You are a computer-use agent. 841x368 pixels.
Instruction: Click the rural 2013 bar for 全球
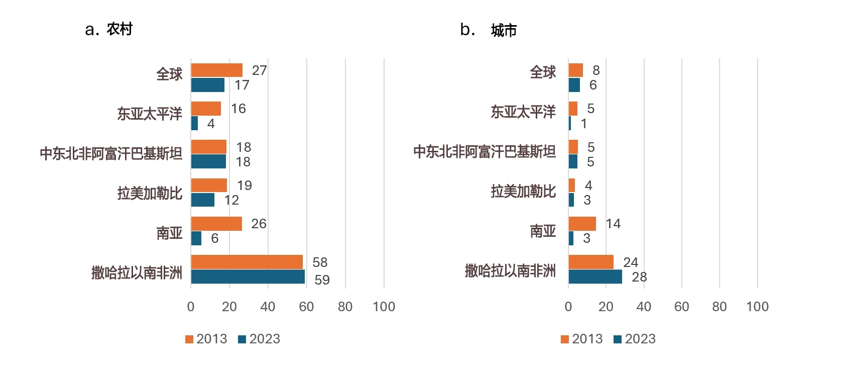[x=216, y=70]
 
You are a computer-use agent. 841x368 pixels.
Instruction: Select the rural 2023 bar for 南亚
[x=196, y=238]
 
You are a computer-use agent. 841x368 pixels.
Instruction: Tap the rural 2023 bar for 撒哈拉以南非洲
[x=248, y=277]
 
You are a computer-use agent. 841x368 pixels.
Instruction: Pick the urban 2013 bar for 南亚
[x=582, y=224]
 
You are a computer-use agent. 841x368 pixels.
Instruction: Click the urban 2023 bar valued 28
[x=595, y=277]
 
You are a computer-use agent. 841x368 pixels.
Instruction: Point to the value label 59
[x=322, y=280]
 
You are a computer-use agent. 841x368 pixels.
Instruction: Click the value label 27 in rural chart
[x=259, y=70]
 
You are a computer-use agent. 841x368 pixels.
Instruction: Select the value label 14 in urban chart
[x=613, y=224]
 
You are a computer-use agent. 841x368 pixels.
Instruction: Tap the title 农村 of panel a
[x=119, y=29]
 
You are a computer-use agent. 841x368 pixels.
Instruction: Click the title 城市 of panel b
[x=504, y=31]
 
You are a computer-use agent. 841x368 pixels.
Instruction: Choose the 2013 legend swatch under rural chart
[x=189, y=339]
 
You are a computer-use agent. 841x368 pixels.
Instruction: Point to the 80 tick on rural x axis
[x=345, y=307]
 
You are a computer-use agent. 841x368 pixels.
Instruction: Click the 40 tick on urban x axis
[x=644, y=307]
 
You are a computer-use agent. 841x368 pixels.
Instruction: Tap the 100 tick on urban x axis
[x=757, y=307]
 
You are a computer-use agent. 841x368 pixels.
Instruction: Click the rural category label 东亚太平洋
[x=150, y=114]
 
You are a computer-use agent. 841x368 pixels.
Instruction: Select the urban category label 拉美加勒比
[x=523, y=192]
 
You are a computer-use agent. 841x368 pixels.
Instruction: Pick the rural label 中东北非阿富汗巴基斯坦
[x=111, y=153]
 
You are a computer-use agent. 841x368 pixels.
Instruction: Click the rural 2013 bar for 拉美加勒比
[x=209, y=186]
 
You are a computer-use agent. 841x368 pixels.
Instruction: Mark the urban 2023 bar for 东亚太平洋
[x=570, y=124]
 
